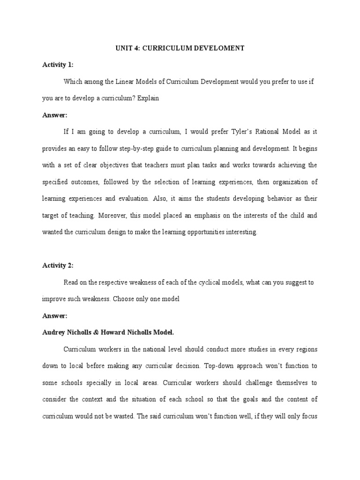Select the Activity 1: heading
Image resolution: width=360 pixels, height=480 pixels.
[x=58, y=65]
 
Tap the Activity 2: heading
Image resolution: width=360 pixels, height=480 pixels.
[x=58, y=265]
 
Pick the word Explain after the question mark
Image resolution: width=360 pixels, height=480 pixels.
[x=148, y=98]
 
